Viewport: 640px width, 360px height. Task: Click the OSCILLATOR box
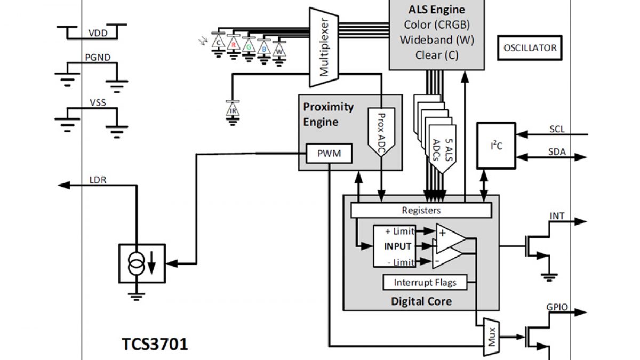coord(530,48)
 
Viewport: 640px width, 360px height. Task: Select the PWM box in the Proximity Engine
coord(329,154)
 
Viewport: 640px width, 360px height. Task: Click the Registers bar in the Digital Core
coord(421,210)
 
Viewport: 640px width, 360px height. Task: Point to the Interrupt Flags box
coord(425,282)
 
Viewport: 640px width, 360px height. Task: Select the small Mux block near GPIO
coord(491,338)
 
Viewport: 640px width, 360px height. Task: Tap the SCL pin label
coord(557,129)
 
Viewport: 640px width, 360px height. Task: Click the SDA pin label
coord(557,152)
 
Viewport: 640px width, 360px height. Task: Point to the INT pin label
coord(557,216)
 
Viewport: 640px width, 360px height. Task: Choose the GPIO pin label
coord(557,308)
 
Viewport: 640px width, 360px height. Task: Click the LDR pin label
coord(98,180)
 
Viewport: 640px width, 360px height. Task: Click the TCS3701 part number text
coord(155,344)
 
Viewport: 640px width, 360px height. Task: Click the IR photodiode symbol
coord(233,109)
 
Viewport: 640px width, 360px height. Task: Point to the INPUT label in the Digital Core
coord(397,246)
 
